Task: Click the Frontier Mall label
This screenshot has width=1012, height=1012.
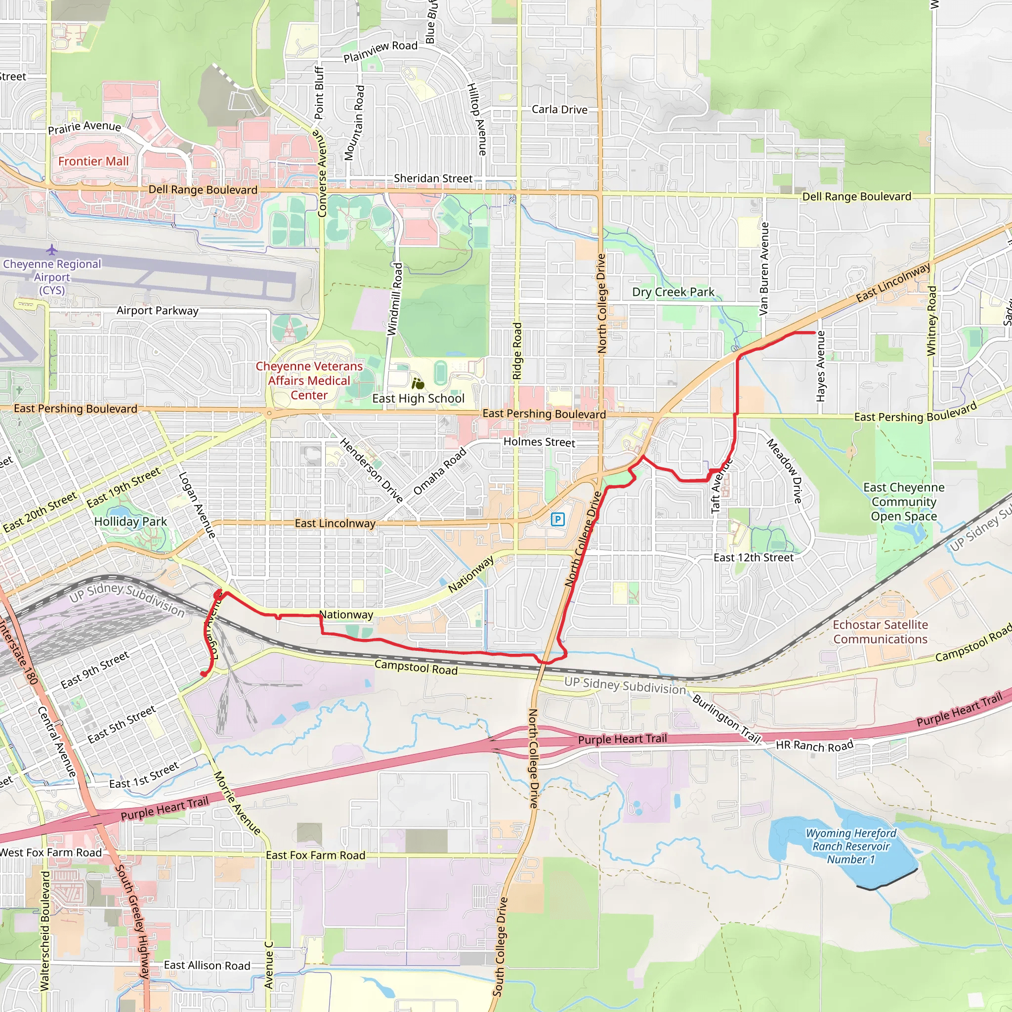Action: pos(93,161)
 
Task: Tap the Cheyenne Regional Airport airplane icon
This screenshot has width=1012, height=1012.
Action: pos(51,250)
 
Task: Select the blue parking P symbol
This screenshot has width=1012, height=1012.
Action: pos(558,520)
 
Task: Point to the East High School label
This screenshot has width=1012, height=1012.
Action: pos(418,399)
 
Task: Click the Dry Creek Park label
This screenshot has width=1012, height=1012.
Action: pos(673,293)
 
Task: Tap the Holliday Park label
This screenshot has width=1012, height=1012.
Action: pos(130,522)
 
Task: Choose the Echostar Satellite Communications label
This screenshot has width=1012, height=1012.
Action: pos(880,632)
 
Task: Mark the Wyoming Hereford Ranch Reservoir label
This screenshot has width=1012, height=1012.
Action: pos(851,846)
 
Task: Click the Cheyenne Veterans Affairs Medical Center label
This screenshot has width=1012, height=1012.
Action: pos(309,381)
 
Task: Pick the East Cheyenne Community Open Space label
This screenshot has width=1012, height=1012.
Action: pos(904,502)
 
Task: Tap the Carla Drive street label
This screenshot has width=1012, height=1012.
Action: pos(559,110)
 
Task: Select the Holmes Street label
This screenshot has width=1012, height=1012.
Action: pos(539,442)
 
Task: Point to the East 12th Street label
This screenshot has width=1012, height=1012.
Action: pos(753,558)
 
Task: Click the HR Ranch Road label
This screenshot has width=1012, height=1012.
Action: pos(814,745)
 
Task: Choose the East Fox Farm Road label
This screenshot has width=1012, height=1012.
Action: pos(315,855)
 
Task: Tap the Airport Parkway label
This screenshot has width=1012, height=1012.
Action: pos(157,311)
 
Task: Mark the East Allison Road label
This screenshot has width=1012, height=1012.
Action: pos(207,966)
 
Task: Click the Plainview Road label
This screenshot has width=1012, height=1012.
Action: pos(380,51)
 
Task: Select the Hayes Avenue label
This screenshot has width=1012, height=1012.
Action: pos(821,367)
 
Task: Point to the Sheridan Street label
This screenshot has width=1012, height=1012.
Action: pos(433,178)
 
